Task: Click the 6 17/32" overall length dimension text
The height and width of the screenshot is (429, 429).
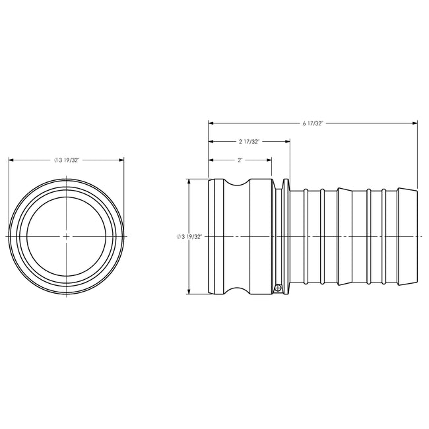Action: click(x=313, y=123)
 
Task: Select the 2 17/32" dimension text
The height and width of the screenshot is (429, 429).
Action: click(x=249, y=141)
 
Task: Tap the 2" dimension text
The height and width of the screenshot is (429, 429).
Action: click(x=240, y=160)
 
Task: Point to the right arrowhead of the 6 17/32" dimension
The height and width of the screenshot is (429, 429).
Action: click(x=415, y=123)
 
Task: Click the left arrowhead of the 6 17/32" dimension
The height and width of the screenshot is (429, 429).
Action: click(x=211, y=123)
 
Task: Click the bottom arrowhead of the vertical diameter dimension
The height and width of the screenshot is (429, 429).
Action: click(x=190, y=292)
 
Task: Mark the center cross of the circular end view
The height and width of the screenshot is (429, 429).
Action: click(x=67, y=236)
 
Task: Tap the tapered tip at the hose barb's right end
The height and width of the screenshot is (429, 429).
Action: click(x=409, y=236)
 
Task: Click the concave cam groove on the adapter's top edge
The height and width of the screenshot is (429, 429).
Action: click(x=240, y=184)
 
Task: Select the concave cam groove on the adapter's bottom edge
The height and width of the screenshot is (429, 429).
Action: click(x=240, y=289)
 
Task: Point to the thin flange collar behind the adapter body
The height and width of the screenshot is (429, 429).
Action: click(x=285, y=236)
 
